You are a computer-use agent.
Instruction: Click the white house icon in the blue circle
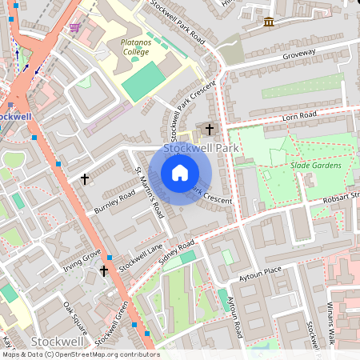[180, 173]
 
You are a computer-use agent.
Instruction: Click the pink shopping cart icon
[75, 27]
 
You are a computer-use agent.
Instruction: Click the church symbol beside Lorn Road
[210, 129]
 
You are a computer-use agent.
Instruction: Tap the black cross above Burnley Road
[85, 179]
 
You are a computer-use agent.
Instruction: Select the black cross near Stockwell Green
[102, 271]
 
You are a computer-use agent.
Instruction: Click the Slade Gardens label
[316, 166]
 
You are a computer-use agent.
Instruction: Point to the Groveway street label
[299, 55]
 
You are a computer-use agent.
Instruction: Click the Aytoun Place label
[261, 274]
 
